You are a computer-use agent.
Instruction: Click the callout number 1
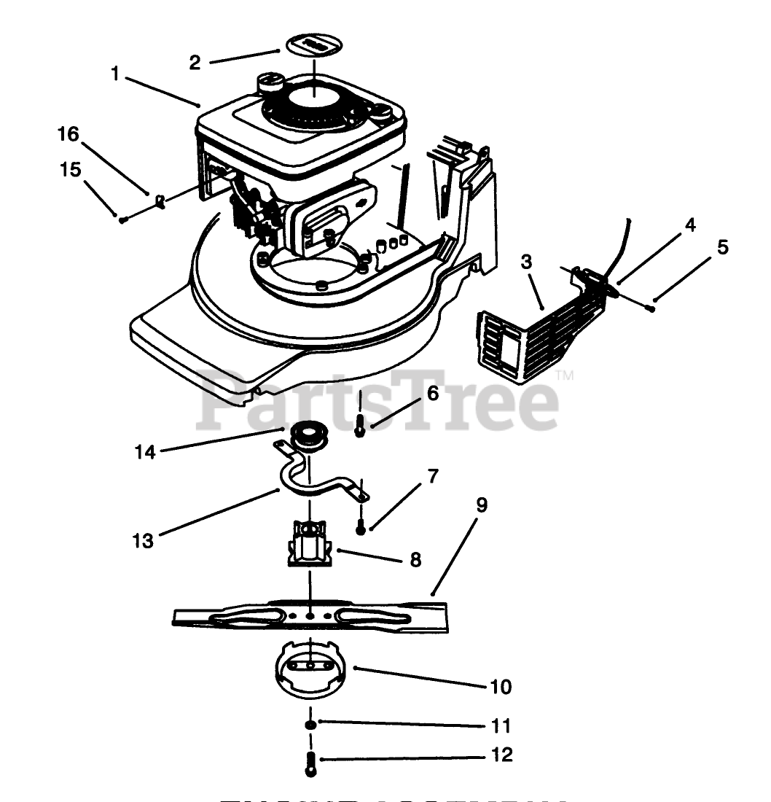(115, 73)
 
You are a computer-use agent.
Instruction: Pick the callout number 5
(722, 247)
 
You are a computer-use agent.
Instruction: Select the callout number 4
(689, 225)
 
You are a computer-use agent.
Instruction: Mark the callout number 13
(144, 542)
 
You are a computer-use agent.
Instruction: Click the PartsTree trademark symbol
(565, 376)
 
